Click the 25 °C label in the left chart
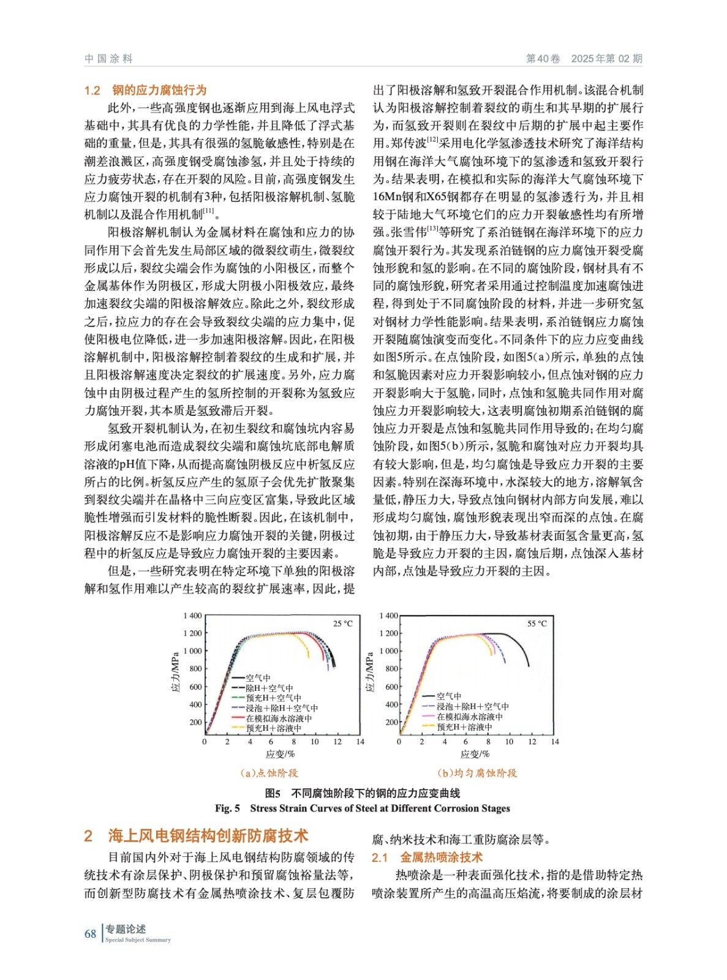342,624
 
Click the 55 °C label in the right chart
537,624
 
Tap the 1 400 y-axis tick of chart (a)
192,616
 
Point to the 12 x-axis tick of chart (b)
532,742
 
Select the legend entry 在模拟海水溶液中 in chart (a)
279,718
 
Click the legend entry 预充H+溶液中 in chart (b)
464,727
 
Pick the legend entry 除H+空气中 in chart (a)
269,688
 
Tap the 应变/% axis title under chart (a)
281,754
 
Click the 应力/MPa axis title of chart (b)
369,671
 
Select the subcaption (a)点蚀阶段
269,773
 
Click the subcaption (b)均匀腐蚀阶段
477,773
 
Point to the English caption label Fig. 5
227,809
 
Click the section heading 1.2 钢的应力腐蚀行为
146,91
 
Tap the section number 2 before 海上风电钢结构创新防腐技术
88,836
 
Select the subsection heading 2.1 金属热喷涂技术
427,858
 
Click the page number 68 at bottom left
90,933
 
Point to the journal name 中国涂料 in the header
108,59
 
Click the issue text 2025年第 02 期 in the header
606,59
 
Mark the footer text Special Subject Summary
138,940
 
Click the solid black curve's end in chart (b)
529,665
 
